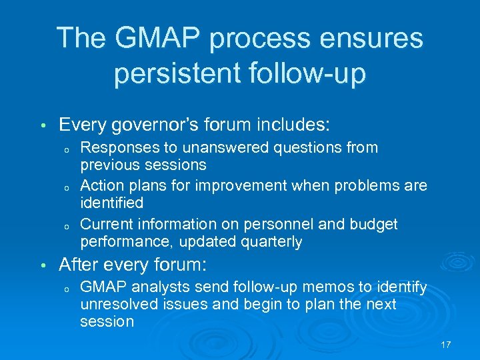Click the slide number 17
click(x=446, y=344)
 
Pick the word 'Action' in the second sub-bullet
click(x=100, y=185)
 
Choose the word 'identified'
click(x=111, y=201)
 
